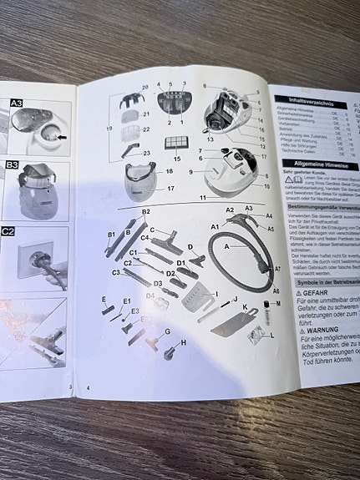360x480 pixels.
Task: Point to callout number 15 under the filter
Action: (176, 158)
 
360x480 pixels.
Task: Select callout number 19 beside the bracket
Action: (109, 128)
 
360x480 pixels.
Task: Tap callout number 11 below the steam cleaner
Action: (201, 197)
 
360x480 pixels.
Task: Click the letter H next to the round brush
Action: (183, 342)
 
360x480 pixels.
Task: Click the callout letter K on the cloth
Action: (245, 308)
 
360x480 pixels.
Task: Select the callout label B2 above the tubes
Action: (145, 212)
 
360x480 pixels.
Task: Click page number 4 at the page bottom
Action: (88, 389)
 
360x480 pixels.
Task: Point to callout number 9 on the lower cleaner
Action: (190, 171)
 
